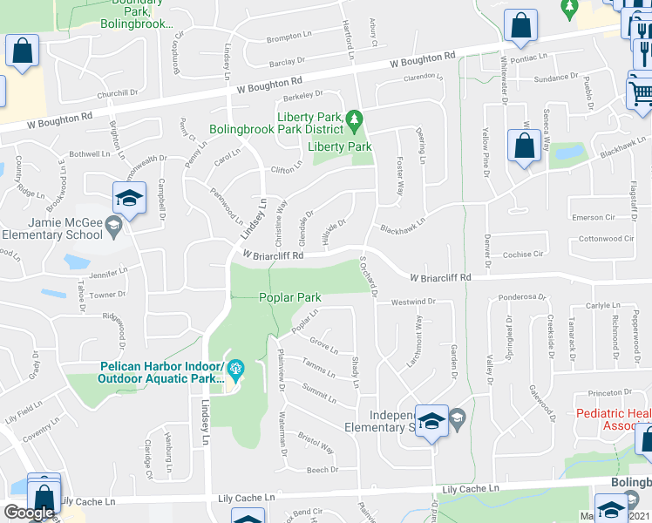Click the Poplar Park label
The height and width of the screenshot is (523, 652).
pyautogui.click(x=290, y=297)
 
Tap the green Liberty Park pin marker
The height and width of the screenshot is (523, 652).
pyautogui.click(x=354, y=118)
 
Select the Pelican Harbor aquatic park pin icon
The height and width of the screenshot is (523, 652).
pyautogui.click(x=234, y=372)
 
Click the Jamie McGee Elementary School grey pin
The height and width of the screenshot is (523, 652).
pyautogui.click(x=112, y=227)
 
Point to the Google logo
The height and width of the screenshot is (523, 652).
pyautogui.click(x=28, y=513)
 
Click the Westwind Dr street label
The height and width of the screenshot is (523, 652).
pyautogui.click(x=412, y=302)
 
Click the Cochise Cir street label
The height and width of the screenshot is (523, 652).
pyautogui.click(x=524, y=255)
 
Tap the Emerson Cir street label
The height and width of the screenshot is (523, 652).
pyautogui.click(x=594, y=217)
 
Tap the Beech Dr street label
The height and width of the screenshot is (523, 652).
pyautogui.click(x=322, y=470)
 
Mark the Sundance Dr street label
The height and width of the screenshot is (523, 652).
pyautogui.click(x=555, y=78)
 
